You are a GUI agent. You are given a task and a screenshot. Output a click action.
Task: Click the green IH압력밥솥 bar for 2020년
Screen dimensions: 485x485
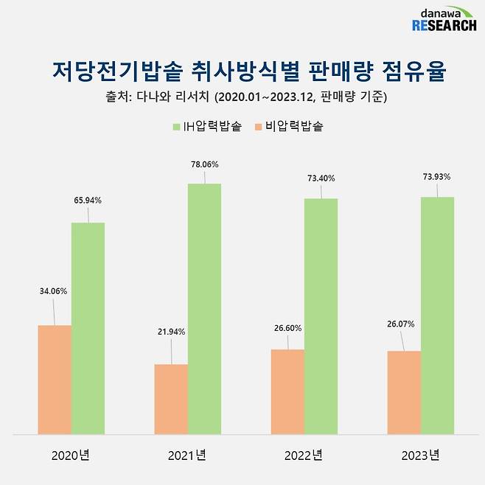click(x=88, y=328)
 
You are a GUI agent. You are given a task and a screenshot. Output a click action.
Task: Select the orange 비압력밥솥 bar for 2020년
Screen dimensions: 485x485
click(x=55, y=380)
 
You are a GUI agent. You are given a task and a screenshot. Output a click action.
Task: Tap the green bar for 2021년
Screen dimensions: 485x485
click(x=204, y=309)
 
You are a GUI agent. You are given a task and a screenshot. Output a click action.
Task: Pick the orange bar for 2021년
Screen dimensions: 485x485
click(x=171, y=399)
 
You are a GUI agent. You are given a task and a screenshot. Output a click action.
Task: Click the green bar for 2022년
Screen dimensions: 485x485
click(x=321, y=316)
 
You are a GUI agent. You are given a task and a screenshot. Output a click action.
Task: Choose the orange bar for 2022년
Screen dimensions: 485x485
click(x=287, y=391)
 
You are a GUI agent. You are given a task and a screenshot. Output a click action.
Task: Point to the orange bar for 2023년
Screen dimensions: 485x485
click(x=404, y=392)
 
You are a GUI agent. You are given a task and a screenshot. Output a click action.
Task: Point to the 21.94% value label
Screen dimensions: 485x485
click(x=170, y=332)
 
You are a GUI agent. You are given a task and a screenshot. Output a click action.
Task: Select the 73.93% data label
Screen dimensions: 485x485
click(x=436, y=177)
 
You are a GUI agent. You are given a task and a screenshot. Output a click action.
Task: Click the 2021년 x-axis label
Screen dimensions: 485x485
click(x=187, y=456)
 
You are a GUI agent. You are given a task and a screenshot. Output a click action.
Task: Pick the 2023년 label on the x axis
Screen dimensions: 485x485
click(x=421, y=456)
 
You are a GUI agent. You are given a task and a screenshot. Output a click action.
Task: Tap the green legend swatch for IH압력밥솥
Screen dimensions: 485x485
click(x=176, y=127)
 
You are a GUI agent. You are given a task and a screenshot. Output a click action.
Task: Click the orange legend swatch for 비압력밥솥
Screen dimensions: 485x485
click(x=258, y=127)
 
